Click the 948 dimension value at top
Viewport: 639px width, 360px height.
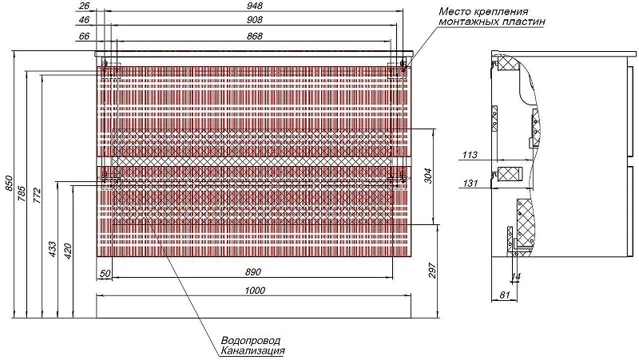pos(255,6)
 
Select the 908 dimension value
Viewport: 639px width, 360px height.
pos(255,19)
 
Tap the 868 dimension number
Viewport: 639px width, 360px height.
pos(255,36)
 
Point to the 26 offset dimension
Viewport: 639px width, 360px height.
pos(84,6)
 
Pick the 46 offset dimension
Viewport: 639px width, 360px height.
pos(84,19)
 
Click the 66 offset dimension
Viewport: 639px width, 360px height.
pos(84,36)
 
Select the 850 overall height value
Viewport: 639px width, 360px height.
pos(9,184)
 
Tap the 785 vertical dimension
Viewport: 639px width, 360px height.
pos(22,194)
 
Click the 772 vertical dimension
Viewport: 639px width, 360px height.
pos(37,196)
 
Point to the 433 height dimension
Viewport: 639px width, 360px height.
pos(53,249)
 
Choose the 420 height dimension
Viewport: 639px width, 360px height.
pos(68,251)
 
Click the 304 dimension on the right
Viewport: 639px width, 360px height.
pos(427,176)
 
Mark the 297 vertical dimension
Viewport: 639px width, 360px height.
pos(432,271)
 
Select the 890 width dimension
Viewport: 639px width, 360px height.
pos(253,272)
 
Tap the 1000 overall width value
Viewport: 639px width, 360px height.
pos(255,291)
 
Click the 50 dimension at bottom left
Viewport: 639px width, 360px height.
pos(105,274)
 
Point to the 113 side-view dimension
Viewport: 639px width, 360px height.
pos(470,155)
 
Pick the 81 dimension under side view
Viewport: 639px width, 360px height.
pos(505,295)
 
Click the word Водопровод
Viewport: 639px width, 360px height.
pos(251,341)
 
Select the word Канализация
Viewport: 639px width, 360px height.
pos(252,350)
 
